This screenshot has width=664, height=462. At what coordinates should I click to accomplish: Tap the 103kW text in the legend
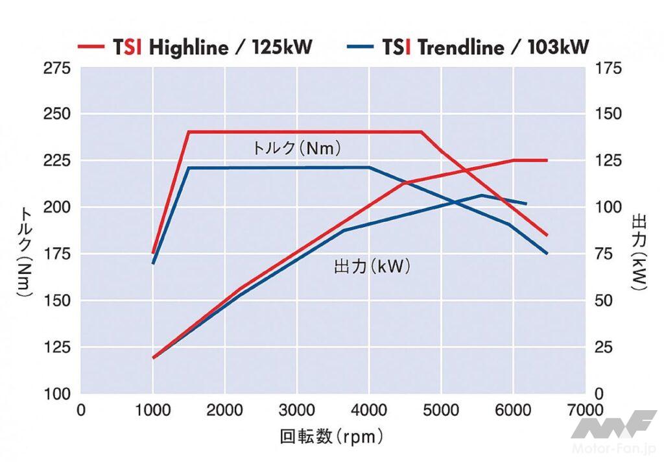tap(556, 46)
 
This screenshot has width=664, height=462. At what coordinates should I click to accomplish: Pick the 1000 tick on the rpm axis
tap(153, 410)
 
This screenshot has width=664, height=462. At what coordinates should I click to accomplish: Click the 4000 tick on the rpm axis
tap(369, 410)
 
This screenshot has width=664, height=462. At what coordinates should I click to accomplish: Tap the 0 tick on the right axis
tap(599, 394)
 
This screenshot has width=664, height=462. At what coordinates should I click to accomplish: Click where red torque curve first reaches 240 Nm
tap(189, 132)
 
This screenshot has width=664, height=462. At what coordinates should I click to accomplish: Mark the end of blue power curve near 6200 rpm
tap(526, 204)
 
